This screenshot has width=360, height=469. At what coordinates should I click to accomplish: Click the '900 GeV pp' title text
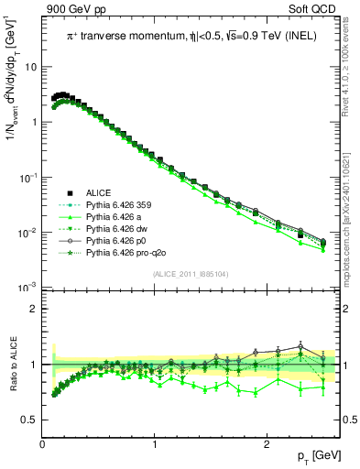[73, 9]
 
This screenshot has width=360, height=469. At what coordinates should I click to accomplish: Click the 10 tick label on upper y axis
[30, 67]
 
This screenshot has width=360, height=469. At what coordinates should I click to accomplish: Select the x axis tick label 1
[154, 444]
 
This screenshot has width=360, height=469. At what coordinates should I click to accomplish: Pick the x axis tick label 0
[42, 444]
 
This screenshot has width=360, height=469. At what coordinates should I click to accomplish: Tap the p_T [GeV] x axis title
[315, 456]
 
